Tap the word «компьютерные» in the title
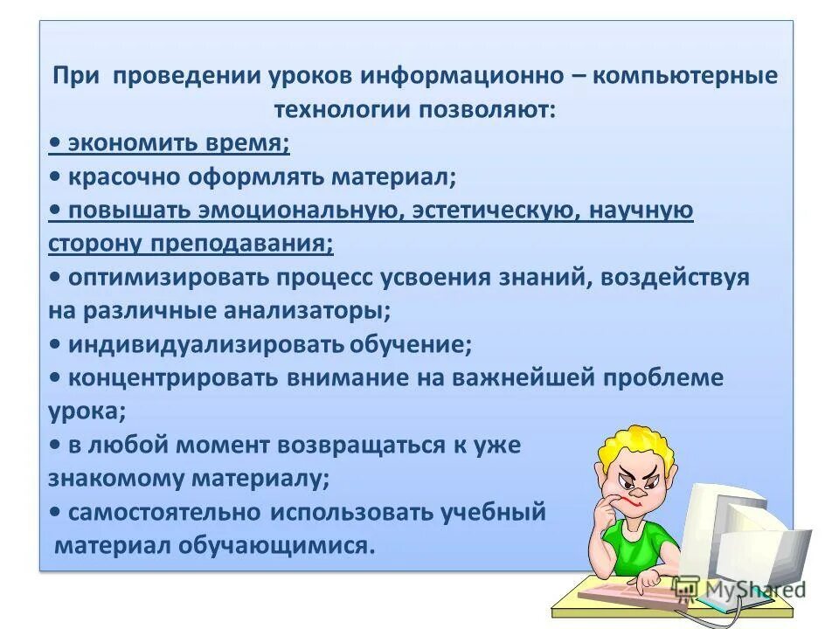685,75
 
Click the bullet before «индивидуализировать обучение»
55,344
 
